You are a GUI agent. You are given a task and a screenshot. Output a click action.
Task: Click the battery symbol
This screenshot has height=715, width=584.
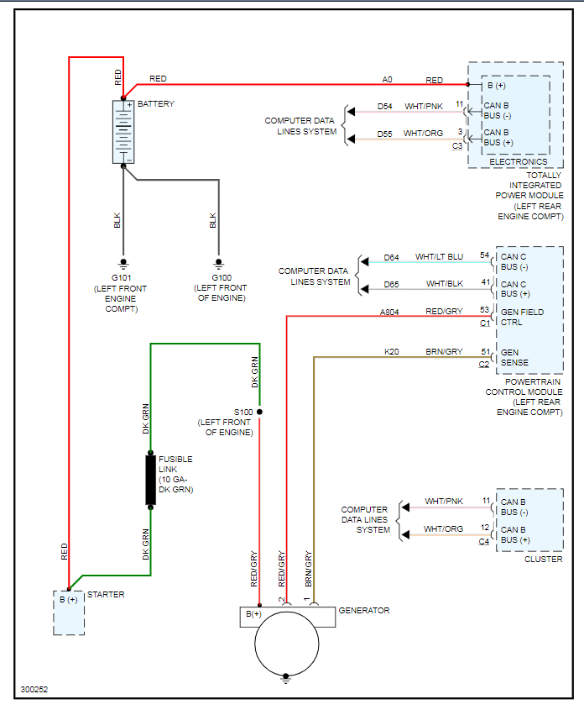(123, 132)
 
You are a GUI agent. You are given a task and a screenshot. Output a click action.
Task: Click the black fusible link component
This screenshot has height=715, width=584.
(151, 480)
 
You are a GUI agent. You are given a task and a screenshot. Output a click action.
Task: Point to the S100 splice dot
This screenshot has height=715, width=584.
(259, 412)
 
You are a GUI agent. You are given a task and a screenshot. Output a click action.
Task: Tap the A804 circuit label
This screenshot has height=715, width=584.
(389, 312)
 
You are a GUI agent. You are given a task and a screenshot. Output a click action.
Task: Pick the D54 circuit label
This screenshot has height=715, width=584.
(384, 107)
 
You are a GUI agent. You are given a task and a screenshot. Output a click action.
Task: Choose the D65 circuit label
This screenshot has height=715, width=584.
(392, 285)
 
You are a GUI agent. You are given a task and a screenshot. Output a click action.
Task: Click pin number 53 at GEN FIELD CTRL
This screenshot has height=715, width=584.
(484, 310)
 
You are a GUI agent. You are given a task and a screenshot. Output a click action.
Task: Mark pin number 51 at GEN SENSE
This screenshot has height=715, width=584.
(484, 351)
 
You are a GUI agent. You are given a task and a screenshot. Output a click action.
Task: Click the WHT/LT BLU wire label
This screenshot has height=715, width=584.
(439, 257)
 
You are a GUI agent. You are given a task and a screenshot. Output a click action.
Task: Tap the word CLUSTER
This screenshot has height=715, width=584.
(544, 560)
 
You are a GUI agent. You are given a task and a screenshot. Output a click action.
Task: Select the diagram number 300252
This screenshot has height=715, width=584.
(34, 690)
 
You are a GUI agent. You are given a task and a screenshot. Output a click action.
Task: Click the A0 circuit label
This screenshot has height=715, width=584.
(387, 80)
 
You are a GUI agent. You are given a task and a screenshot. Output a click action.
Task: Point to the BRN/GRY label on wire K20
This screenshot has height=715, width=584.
(444, 352)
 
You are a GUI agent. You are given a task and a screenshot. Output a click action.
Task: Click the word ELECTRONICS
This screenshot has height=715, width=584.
(518, 161)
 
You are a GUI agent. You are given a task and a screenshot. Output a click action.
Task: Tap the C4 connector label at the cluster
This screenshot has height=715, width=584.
(483, 542)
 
